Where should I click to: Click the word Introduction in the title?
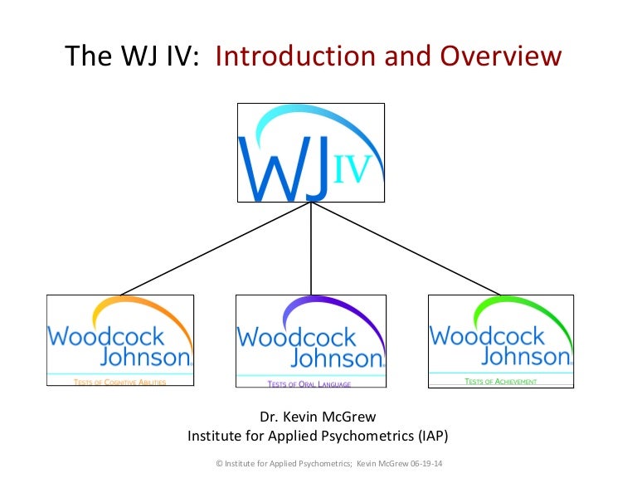point(295,56)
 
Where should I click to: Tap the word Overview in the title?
point(501,56)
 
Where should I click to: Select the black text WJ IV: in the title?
point(160,56)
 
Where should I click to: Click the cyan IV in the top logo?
point(352,168)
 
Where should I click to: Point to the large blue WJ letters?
point(284,168)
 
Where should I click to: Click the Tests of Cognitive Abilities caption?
point(119,382)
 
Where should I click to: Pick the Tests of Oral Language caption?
point(309,384)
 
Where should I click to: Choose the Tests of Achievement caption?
point(500,381)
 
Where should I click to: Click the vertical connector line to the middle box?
point(311,248)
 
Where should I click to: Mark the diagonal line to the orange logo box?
point(216,248)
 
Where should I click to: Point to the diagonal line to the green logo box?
point(406,248)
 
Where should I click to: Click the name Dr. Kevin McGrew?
point(318,417)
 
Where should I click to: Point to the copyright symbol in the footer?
point(219,463)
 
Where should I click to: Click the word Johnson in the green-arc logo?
point(526,357)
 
